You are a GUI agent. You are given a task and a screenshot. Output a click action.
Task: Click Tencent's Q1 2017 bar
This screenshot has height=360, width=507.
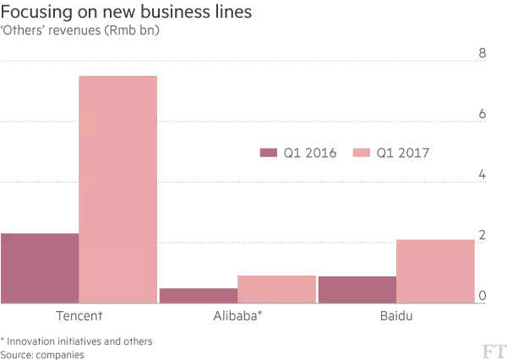tap(118, 188)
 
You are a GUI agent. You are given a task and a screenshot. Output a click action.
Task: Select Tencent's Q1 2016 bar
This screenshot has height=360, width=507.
tap(40, 268)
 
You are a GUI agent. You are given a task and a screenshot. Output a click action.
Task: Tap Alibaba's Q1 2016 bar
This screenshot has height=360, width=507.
tap(198, 295)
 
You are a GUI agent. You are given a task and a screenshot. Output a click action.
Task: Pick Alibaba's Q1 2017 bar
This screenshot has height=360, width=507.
tap(276, 289)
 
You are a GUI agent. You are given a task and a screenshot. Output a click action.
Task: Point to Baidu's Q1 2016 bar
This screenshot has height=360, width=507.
tap(356, 289)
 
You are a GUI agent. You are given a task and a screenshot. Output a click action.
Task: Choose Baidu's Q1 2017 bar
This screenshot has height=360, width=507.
tap(434, 270)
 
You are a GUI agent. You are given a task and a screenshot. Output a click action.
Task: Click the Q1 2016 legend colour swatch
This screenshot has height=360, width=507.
tap(268, 153)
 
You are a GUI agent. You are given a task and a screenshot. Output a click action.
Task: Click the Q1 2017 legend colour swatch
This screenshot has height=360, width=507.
tap(362, 153)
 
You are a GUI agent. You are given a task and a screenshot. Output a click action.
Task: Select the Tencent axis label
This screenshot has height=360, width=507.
tap(79, 316)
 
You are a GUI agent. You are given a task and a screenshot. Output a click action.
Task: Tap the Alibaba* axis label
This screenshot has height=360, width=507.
tap(237, 316)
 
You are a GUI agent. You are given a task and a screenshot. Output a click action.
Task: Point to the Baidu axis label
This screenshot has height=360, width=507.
tap(395, 316)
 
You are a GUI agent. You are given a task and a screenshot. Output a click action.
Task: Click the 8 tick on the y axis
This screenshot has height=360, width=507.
tap(482, 54)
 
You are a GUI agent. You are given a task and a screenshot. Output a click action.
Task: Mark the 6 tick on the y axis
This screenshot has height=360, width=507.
tap(482, 114)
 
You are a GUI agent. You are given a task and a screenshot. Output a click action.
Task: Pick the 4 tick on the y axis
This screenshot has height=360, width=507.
tap(482, 175)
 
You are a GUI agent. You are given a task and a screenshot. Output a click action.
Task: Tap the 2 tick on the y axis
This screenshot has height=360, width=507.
tap(482, 236)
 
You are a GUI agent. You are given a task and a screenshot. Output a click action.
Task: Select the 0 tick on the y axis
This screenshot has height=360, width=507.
tap(482, 296)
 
